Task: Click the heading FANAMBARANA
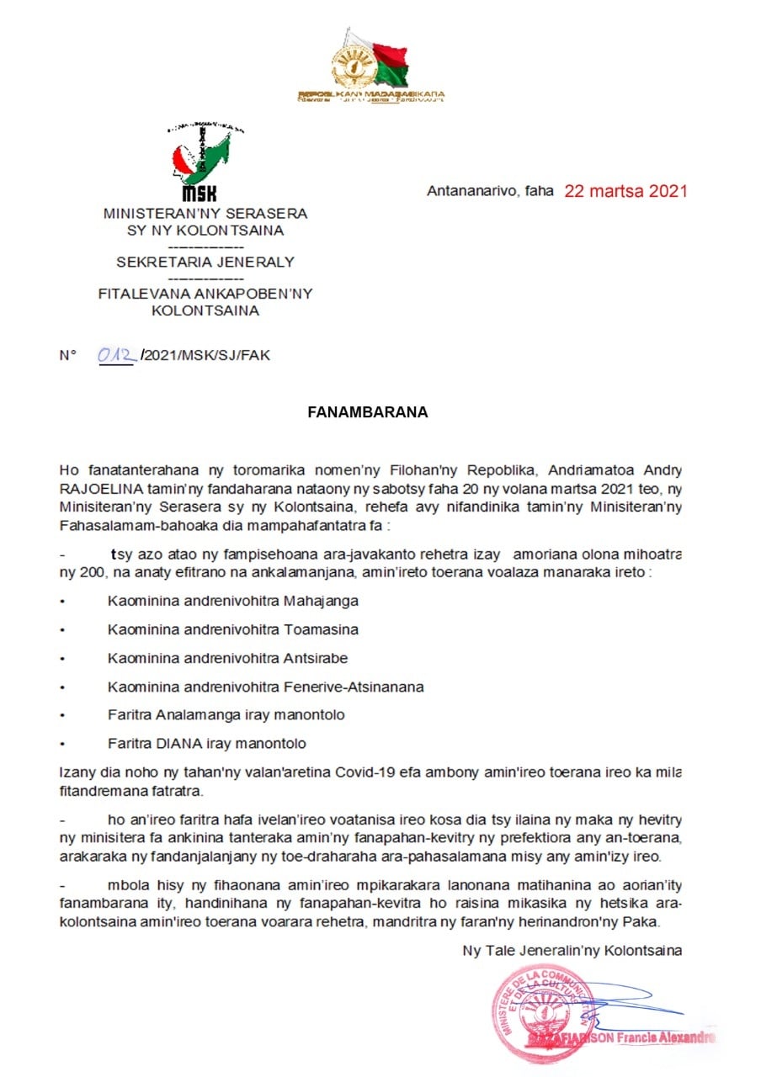point(367,413)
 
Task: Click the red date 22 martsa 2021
point(625,191)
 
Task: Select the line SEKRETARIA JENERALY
point(205,262)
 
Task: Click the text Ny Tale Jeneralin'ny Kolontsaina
point(572,951)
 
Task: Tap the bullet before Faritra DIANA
point(62,744)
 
